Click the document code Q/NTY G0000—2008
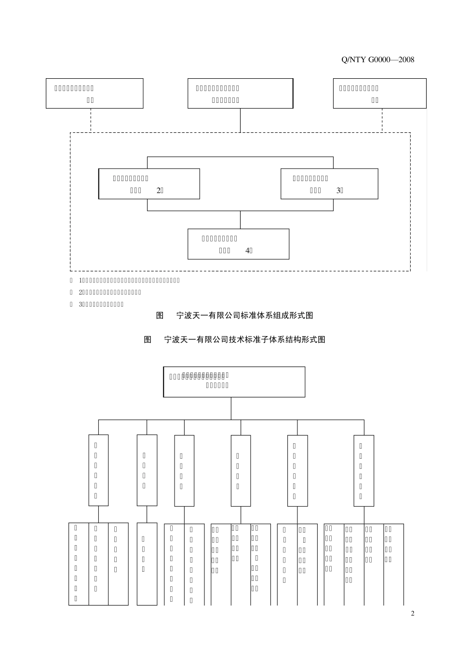tap(377, 60)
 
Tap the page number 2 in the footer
tap(413, 614)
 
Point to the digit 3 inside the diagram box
tap(338, 190)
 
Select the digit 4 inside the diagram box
tap(247, 251)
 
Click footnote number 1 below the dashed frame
tap(81, 280)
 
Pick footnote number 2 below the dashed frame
tap(81, 292)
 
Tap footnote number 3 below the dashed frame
tap(81, 304)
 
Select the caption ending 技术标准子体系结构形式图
tap(235, 339)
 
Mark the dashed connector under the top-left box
tap(91, 120)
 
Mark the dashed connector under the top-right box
tap(382, 120)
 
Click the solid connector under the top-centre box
tap(241, 120)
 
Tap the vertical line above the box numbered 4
tap(241, 220)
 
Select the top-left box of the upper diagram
tap(94, 93)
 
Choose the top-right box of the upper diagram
tap(380, 93)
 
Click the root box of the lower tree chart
tap(234, 381)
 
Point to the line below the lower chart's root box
tap(231, 409)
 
